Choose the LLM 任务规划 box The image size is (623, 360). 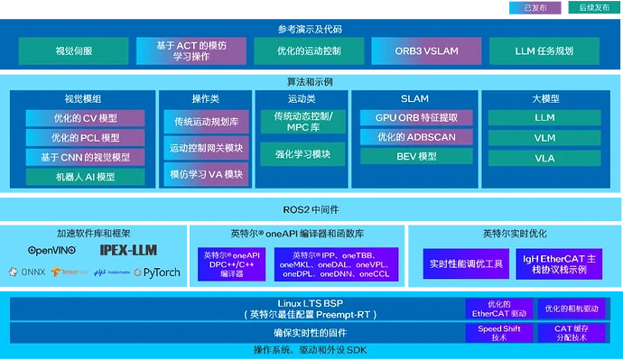point(544,51)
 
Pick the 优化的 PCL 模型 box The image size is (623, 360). point(85,137)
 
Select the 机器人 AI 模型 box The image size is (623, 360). point(85,177)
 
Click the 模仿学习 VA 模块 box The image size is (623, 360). point(206,174)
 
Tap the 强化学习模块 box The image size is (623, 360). point(302,154)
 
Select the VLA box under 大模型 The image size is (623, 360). point(544,156)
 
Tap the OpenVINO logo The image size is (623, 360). point(51,250)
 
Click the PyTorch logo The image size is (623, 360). point(155,272)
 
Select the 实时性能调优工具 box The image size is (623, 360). point(466,263)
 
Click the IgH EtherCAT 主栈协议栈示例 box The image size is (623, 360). point(555,263)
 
